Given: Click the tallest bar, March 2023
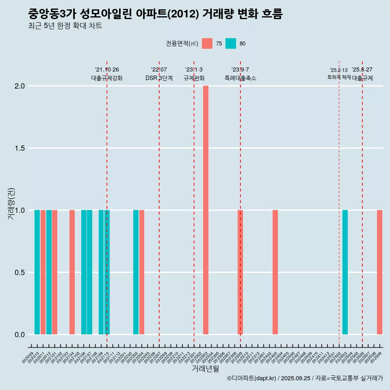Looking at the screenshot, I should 206,210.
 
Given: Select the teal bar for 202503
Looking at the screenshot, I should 345,272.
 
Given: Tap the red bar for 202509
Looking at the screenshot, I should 379,272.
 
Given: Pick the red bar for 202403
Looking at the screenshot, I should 275,272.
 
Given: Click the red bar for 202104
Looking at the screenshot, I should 72,272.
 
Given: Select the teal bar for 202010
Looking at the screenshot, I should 37,272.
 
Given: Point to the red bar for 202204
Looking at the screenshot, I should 142,272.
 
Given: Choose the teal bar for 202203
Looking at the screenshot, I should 136,272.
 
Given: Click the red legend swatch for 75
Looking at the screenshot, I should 207,43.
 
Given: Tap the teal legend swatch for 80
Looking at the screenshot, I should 231,43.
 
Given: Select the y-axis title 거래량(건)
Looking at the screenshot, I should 11,204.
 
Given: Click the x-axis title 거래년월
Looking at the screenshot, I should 205,368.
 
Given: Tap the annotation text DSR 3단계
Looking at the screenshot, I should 159,78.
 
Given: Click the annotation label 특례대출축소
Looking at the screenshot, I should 240,78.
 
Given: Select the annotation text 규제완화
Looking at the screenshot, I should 194,78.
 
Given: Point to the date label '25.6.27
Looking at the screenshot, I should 362,70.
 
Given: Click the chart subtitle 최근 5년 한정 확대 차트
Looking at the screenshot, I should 65,26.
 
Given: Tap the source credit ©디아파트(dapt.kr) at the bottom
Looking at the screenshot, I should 252,378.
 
